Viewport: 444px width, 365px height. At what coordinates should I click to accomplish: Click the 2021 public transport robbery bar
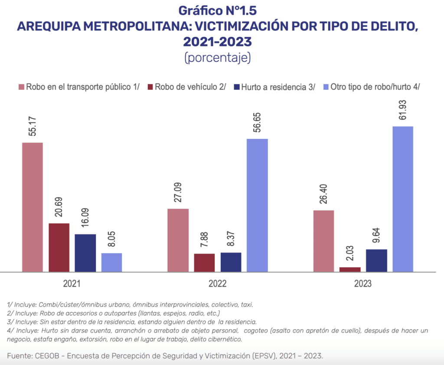click(x=33, y=207)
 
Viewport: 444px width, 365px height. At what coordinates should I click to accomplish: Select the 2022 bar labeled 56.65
click(x=257, y=205)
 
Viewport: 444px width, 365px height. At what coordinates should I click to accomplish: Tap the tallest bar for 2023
click(x=403, y=199)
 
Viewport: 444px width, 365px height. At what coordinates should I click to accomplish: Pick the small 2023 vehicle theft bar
click(x=350, y=269)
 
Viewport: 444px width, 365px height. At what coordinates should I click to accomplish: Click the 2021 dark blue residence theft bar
click(x=85, y=253)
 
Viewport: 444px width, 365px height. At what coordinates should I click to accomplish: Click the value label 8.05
click(x=112, y=239)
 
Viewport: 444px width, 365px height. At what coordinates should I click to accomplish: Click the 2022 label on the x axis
click(x=217, y=284)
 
